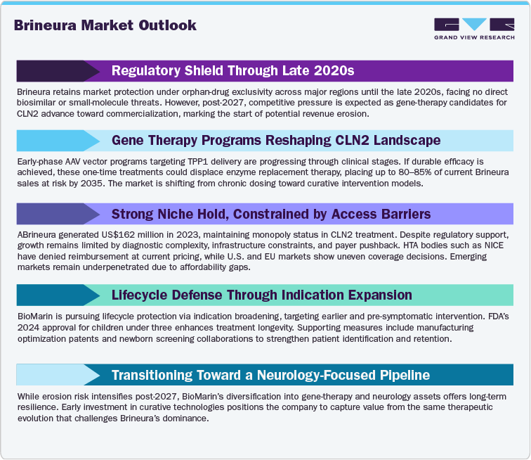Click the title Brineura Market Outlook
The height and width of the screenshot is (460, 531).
(105, 25)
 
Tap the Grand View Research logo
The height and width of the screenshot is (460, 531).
(474, 28)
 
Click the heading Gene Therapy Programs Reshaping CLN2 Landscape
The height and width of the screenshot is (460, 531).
(276, 140)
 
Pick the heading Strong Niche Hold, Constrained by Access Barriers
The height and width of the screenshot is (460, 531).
(280, 214)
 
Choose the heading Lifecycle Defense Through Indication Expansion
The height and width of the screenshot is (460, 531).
(262, 295)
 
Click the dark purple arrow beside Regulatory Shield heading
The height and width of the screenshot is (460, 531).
(59, 71)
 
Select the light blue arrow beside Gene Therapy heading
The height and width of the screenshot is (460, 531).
(60, 140)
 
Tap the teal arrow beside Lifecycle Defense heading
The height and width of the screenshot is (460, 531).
(59, 295)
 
